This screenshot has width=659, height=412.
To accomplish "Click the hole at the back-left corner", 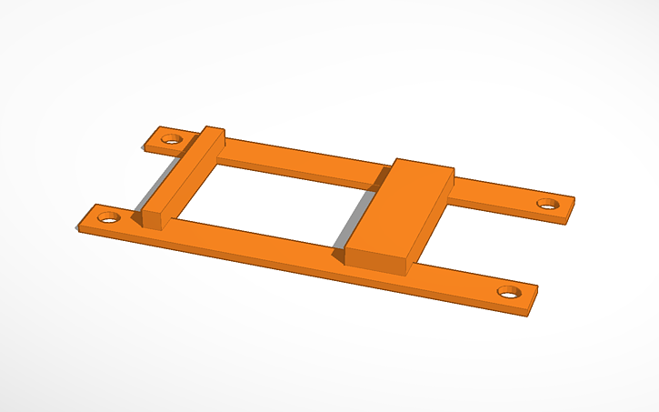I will (171, 140).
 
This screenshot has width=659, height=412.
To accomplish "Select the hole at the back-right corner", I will (546, 204).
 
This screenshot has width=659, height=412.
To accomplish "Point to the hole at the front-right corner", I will (508, 293).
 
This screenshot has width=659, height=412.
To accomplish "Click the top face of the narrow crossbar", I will (187, 173).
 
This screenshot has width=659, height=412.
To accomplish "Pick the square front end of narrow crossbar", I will (152, 219).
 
